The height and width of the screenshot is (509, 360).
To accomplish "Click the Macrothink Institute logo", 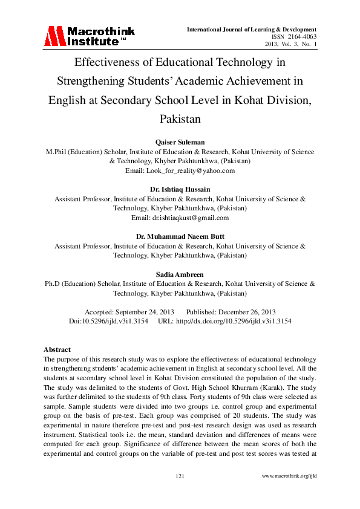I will [x=88, y=36].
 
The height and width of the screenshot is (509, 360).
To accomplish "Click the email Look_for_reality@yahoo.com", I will [x=180, y=171].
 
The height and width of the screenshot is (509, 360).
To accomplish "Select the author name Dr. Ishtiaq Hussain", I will [x=180, y=189].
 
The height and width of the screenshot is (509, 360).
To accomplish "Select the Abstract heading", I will [x=57, y=349].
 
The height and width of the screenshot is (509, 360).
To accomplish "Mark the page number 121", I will [x=180, y=477].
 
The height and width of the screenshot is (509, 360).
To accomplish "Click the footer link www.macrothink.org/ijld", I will [x=289, y=477].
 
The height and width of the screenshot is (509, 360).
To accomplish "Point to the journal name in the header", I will [x=252, y=29].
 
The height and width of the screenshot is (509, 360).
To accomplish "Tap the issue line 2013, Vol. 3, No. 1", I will [x=291, y=45].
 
